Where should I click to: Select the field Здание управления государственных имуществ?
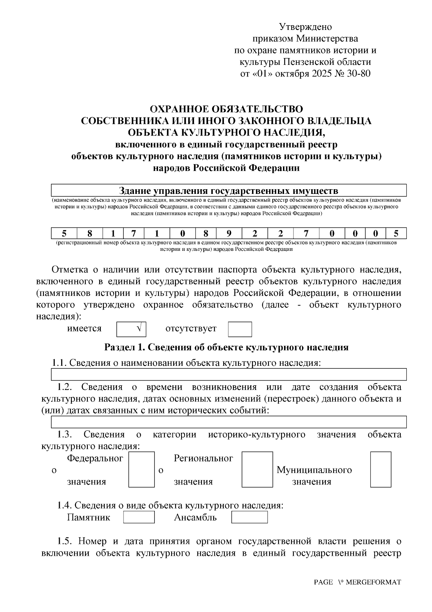tap(229, 190)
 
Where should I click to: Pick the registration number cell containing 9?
tap(229, 233)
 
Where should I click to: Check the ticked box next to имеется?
tap(131, 329)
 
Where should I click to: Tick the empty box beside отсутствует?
tap(240, 329)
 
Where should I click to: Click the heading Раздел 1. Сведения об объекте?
tap(226, 347)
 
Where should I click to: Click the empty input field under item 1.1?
tap(229, 374)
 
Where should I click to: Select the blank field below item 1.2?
tap(229, 422)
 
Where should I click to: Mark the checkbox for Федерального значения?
tap(141, 470)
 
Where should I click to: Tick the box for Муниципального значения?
tap(381, 470)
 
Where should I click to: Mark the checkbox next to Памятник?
tap(139, 517)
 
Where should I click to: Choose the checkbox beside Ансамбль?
tap(249, 517)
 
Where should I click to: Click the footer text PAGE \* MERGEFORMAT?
tap(357, 582)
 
